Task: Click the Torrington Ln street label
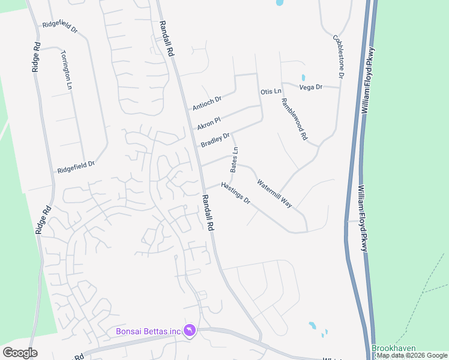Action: click(x=66, y=70)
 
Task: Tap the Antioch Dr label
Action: click(x=207, y=103)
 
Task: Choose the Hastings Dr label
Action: click(x=235, y=193)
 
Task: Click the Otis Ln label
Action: click(x=271, y=91)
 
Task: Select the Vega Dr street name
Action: click(x=311, y=87)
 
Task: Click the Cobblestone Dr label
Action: click(x=338, y=56)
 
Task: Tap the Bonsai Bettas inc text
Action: click(x=148, y=331)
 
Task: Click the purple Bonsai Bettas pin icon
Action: click(x=190, y=331)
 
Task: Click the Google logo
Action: click(x=20, y=353)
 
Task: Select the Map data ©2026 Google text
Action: click(x=412, y=355)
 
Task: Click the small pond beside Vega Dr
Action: click(x=303, y=77)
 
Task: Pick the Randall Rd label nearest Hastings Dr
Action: click(x=208, y=214)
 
